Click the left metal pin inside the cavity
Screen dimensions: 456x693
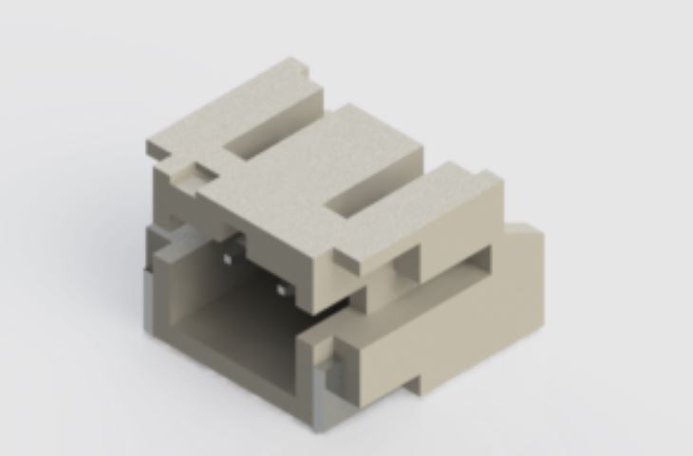pyautogui.click(x=229, y=257)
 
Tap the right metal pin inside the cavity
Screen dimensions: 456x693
pyautogui.click(x=281, y=287)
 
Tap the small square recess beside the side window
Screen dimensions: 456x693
pyautogui.click(x=409, y=261)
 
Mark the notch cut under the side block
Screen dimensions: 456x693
pyautogui.click(x=418, y=385)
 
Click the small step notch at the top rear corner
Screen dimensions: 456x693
pyautogui.click(x=302, y=67)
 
